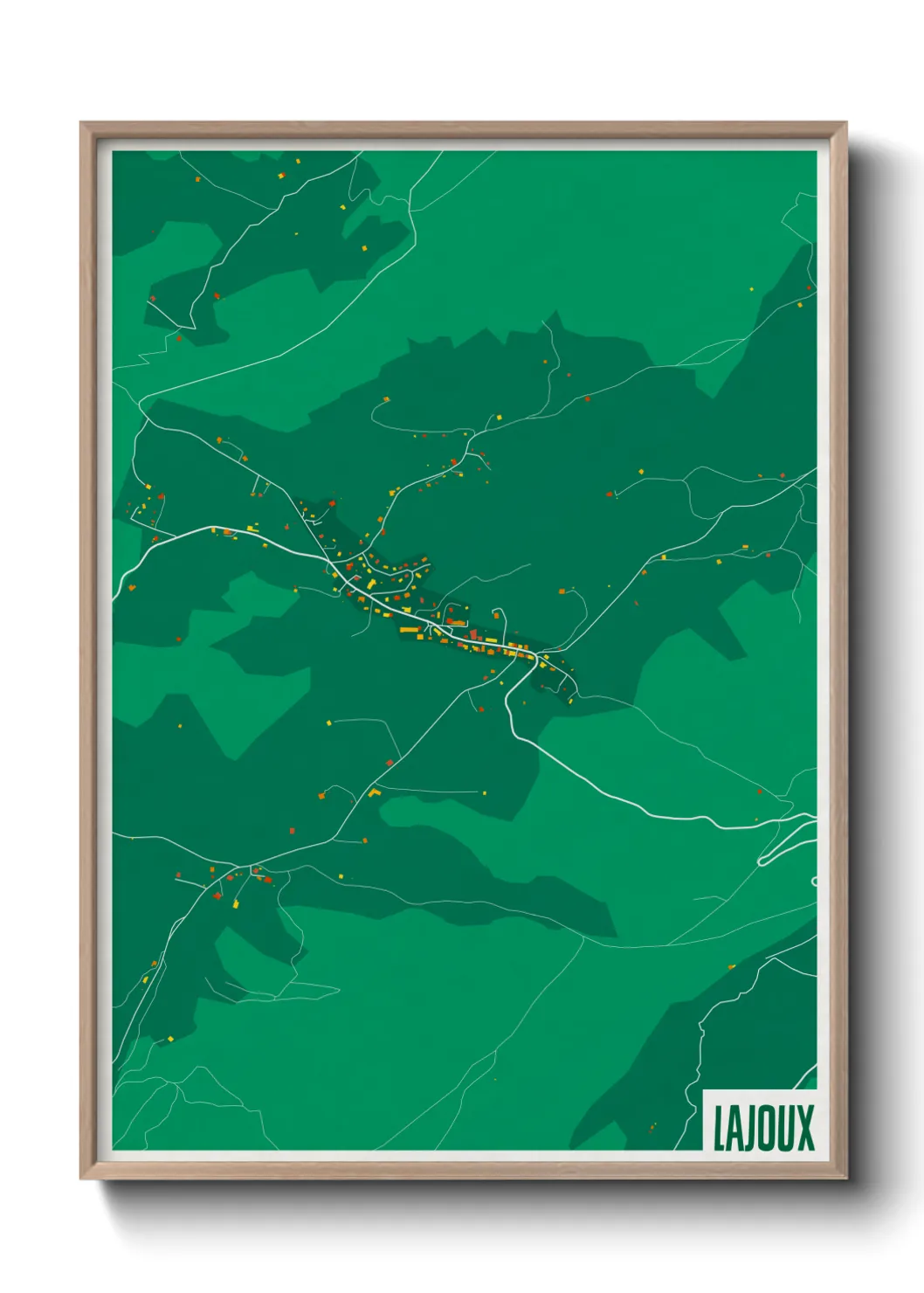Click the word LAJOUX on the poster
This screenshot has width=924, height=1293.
(x=763, y=1128)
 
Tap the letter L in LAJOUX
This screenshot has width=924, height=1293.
(x=719, y=1129)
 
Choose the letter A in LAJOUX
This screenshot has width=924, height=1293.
(x=734, y=1129)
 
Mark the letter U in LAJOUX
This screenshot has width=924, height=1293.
(x=784, y=1128)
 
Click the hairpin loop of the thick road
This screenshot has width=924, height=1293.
(x=762, y=861)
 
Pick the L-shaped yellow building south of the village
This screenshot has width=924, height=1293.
(x=375, y=792)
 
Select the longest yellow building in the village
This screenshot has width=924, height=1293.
(x=410, y=629)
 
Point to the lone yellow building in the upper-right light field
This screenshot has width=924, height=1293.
(x=751, y=288)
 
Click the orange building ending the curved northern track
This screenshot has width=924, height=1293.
(x=385, y=400)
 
